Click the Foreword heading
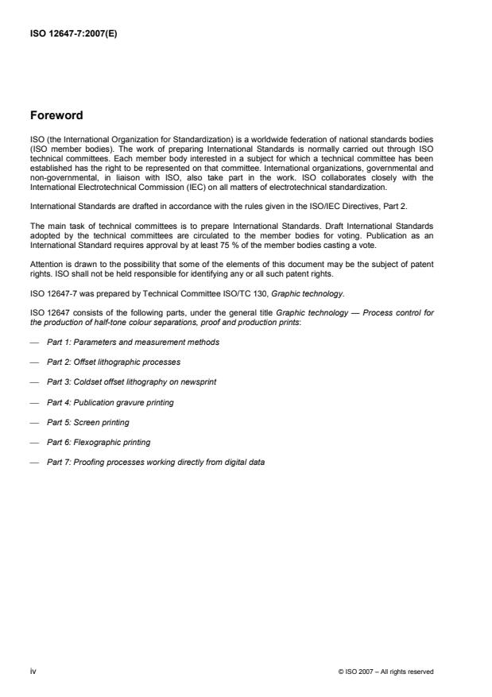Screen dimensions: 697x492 56,115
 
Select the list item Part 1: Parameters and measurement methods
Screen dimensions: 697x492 133,342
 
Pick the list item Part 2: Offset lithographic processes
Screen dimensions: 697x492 114,362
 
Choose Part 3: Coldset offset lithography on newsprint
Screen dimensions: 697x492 131,381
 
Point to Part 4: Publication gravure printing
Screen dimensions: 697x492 110,402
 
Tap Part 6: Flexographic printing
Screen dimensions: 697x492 99,442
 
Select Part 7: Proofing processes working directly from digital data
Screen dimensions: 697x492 156,462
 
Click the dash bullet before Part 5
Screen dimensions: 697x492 33,422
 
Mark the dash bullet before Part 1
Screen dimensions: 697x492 33,342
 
